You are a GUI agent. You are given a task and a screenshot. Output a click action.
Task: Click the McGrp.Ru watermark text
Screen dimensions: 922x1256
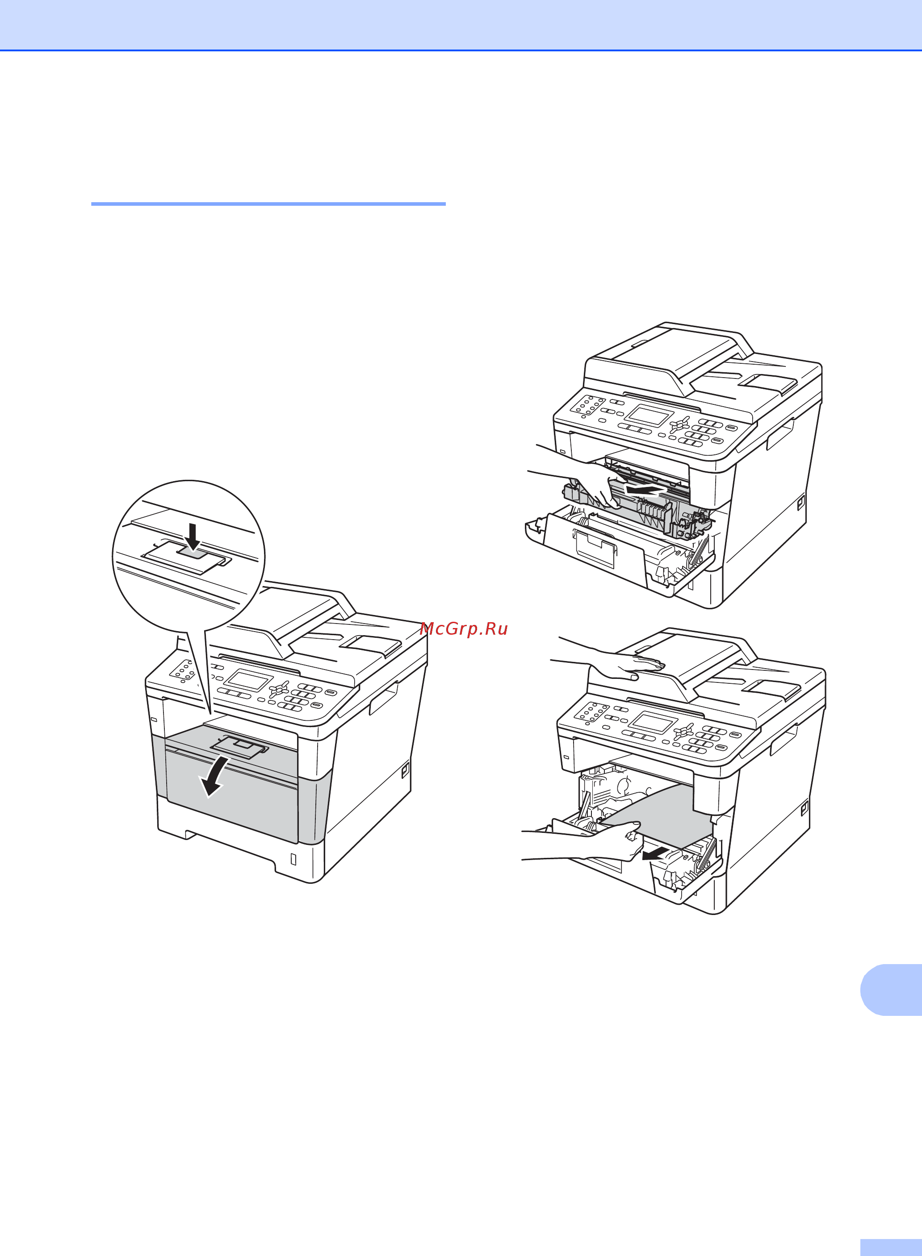[x=464, y=629]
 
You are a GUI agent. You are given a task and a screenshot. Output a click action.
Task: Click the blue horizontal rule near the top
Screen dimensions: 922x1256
[x=268, y=204]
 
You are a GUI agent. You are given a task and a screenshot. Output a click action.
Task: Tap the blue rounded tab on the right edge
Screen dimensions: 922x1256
[x=891, y=990]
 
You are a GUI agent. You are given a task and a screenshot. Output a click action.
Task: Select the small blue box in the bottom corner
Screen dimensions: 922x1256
[x=891, y=1248]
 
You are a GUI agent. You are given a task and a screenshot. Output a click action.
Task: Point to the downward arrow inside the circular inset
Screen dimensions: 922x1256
[x=193, y=536]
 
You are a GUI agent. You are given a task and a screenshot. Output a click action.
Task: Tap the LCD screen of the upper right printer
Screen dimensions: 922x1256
[x=649, y=416]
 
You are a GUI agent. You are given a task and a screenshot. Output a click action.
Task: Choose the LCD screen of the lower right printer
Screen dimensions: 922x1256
[x=654, y=723]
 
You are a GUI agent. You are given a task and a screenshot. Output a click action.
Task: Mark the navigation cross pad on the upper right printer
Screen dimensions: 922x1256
[x=680, y=425]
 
